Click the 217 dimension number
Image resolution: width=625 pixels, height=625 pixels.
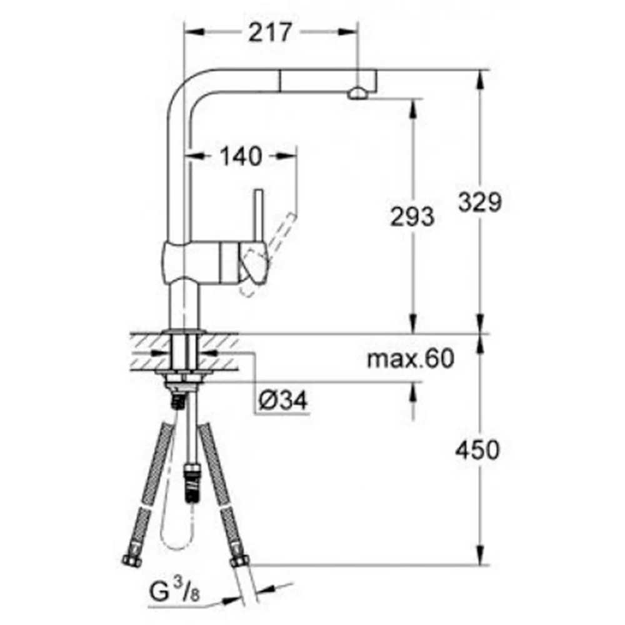[x=270, y=32]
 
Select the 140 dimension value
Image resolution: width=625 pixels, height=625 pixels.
[x=241, y=156]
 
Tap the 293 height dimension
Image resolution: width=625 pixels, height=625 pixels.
[x=411, y=217]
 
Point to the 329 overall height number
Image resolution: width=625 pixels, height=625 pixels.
[x=480, y=202]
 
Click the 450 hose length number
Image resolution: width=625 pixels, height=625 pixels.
[x=477, y=449]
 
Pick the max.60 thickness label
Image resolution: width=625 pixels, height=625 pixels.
[x=410, y=358]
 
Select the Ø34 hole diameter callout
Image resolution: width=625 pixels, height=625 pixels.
[x=283, y=400]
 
